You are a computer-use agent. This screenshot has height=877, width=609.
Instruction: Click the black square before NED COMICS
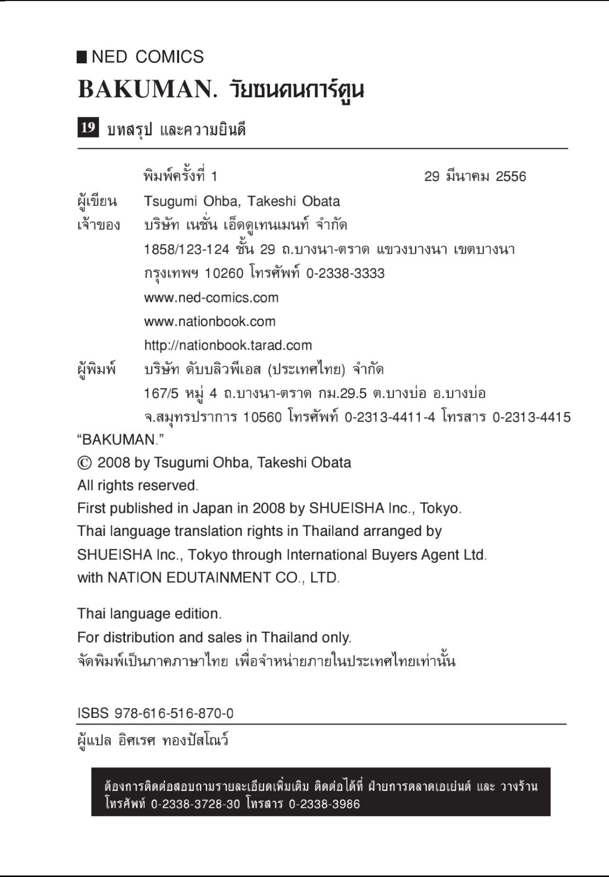coord(82,57)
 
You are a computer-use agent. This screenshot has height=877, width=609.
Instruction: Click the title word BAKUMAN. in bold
coord(147,89)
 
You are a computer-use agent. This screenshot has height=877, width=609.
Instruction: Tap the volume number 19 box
coord(88,128)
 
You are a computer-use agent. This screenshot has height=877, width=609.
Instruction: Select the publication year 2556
coord(511,177)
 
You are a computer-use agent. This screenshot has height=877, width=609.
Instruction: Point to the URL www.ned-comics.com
coord(211,298)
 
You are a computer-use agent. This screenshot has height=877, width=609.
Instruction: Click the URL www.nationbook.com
coord(209,322)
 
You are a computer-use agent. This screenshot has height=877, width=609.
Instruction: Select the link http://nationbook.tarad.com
coord(228,345)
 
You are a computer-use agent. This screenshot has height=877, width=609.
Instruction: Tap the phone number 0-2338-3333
coord(345,274)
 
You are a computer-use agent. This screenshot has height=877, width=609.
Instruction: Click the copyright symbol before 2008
coord(84,463)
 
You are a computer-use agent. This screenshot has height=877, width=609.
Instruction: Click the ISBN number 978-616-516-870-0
coord(174,714)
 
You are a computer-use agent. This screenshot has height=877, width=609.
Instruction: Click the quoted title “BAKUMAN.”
coord(120,440)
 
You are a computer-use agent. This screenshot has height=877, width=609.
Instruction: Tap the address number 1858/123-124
coord(186,249)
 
